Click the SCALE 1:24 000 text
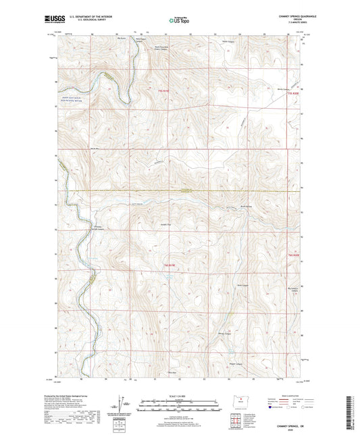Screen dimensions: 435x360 point(180,395)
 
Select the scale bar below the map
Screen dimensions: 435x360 point(180,407)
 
